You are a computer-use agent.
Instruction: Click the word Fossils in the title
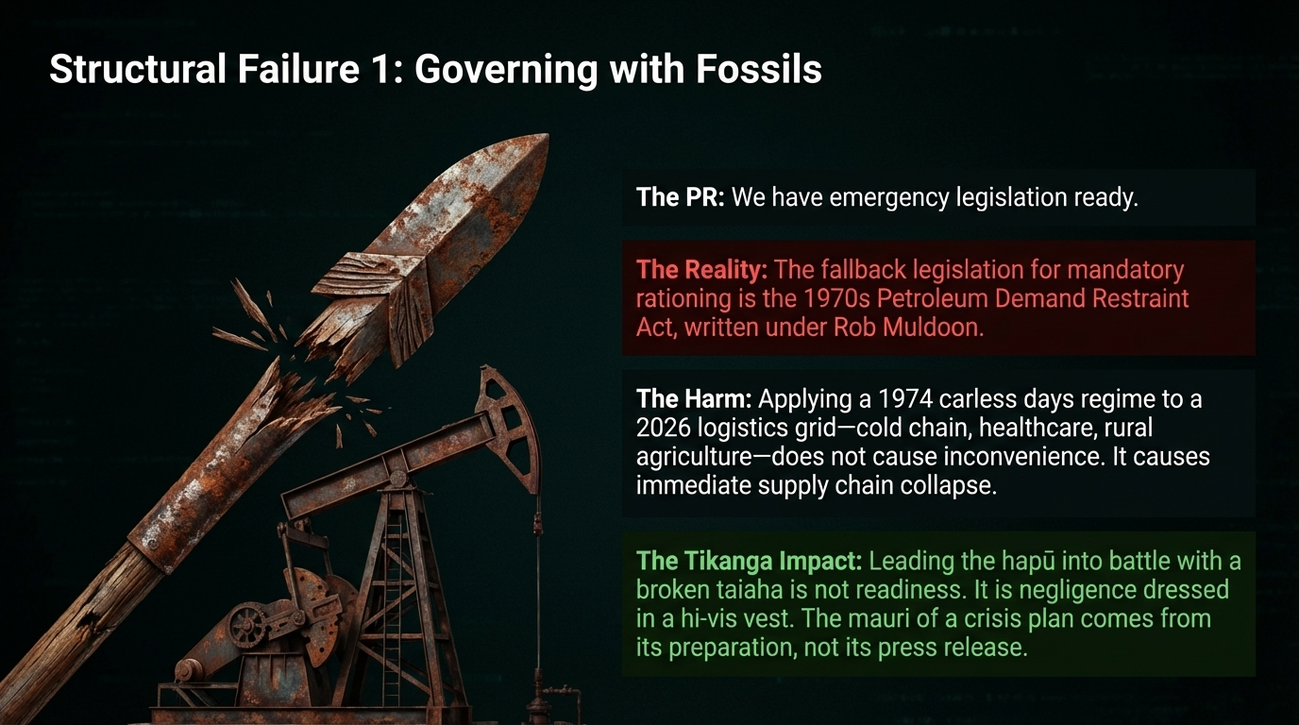(x=758, y=69)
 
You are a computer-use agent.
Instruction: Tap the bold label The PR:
(x=681, y=197)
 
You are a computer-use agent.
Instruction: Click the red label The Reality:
(x=701, y=270)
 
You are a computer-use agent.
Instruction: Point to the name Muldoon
(x=934, y=328)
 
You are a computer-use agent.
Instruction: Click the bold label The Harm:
(x=694, y=399)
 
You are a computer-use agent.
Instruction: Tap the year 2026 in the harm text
(x=664, y=428)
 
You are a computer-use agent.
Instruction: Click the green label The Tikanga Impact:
(x=749, y=561)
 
